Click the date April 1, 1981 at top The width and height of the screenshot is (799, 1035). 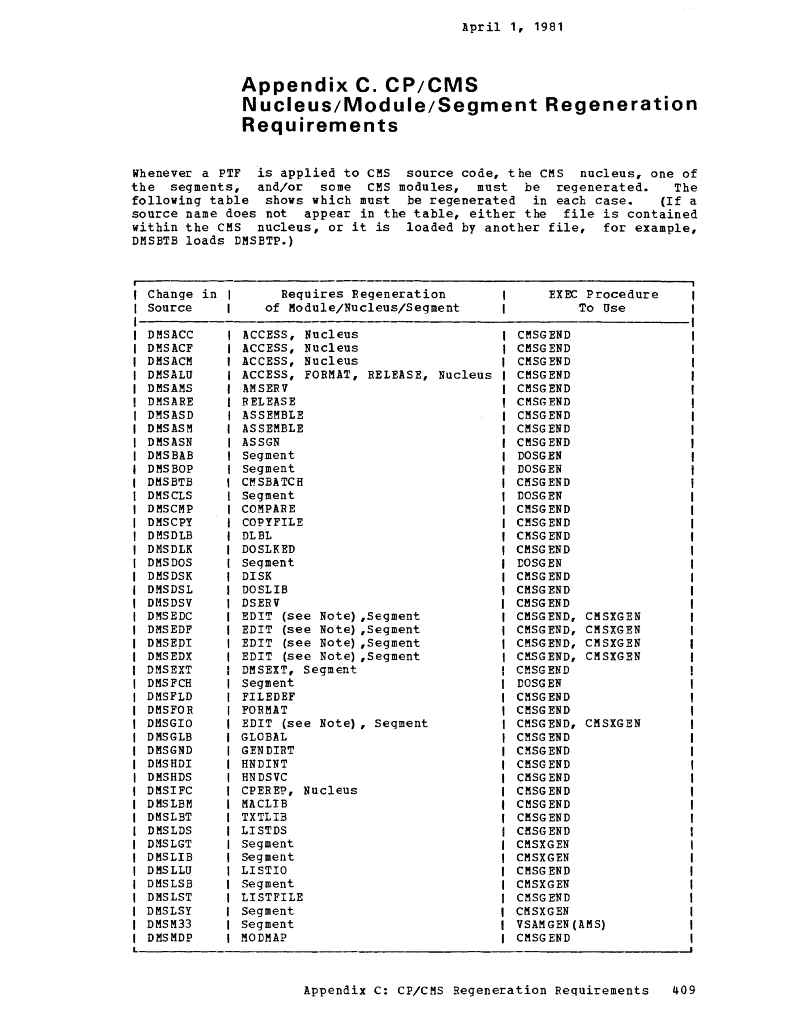[x=512, y=27]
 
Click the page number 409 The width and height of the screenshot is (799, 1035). [x=683, y=990]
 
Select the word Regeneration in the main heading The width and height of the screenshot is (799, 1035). [x=621, y=105]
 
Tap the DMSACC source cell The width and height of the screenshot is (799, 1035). [x=170, y=334]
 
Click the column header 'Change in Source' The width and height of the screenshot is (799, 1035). [x=182, y=301]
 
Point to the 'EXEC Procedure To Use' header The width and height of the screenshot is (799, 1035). [x=603, y=301]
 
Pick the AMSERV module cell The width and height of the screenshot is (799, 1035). [x=265, y=388]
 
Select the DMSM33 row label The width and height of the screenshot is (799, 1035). [x=169, y=924]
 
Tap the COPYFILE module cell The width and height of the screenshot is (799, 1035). [x=272, y=522]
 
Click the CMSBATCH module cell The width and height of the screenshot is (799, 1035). [x=272, y=482]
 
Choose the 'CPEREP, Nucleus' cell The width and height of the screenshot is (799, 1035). [x=299, y=790]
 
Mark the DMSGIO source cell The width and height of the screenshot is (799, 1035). [x=170, y=723]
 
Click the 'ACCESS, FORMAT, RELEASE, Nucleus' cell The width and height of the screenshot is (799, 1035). [x=367, y=375]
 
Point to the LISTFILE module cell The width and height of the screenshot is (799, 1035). [x=272, y=897]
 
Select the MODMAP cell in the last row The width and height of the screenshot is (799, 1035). [x=264, y=937]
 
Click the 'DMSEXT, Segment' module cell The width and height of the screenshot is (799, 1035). [x=299, y=670]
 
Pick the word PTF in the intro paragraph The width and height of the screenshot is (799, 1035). [x=230, y=173]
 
